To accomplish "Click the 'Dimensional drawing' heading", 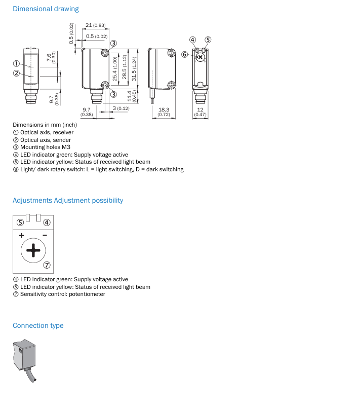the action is pos(46,9).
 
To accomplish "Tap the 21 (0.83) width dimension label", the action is pos(96,25).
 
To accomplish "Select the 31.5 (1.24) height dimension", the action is pos(134,69).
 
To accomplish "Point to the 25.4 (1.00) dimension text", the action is pos(115,69).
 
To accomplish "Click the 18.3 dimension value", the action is pos(164,109).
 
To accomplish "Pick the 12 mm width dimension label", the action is pos(200,109).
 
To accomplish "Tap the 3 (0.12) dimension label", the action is pos(121,108).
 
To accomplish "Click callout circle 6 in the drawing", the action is pos(185,54).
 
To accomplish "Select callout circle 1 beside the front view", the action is pos(16,63).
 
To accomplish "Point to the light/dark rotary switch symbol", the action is pos(201,57).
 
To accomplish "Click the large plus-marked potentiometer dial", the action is pos(33,250).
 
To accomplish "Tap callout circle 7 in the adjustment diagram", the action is pos(47,265).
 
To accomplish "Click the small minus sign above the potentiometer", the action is pos(45,235).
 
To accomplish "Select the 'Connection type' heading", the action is pos(38,325).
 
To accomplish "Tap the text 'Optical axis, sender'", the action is pos(46,140).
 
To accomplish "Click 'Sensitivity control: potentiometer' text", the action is pos(63,294).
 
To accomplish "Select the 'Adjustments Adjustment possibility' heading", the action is pos(68,201).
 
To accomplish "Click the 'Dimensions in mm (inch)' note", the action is pos(45,125).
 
